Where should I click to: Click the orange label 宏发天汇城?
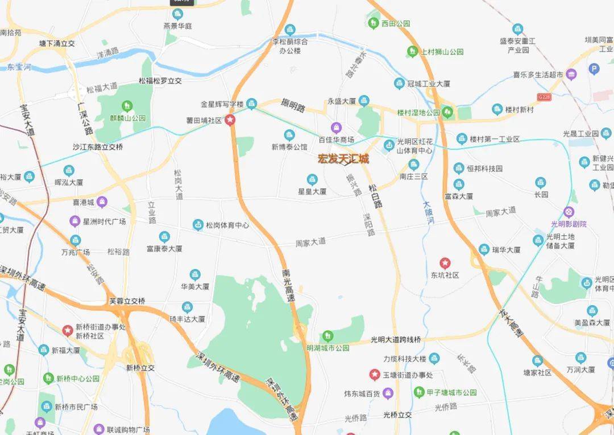pos(343,159)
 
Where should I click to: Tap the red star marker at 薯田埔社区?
pos(230,121)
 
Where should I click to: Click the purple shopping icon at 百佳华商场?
pos(336,127)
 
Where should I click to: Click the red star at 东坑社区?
pos(445,263)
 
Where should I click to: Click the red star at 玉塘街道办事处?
pos(375,375)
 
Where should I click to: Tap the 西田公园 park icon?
pos(373,23)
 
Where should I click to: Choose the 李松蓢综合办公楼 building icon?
pos(290,30)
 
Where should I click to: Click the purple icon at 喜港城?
pos(102,201)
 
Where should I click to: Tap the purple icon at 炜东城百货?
pos(388,392)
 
